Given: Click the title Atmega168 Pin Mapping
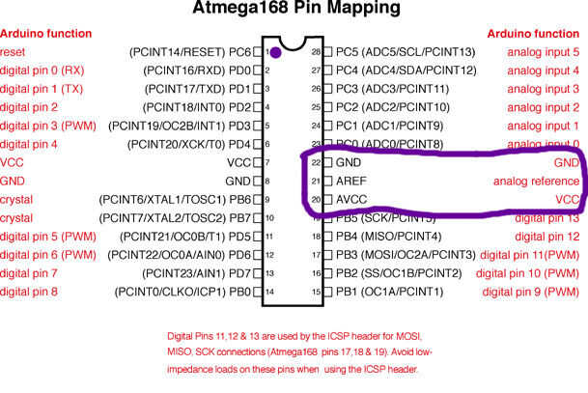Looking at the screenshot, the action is coord(294,11).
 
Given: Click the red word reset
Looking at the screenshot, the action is coord(14,51).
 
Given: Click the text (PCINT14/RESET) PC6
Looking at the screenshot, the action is coord(189,51).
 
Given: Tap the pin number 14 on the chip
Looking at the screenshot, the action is coord(269,291).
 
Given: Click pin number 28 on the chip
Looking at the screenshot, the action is coord(315,51).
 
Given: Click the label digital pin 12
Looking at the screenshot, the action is coord(546,236).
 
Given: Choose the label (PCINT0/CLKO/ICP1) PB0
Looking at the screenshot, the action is coord(182,291).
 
